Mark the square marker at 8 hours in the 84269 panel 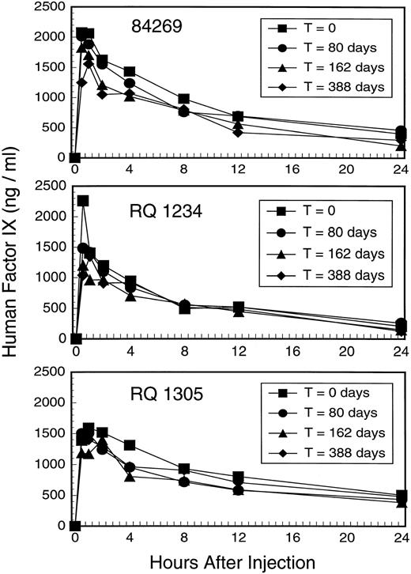183,99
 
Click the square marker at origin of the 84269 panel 74,158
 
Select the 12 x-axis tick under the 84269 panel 238,169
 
